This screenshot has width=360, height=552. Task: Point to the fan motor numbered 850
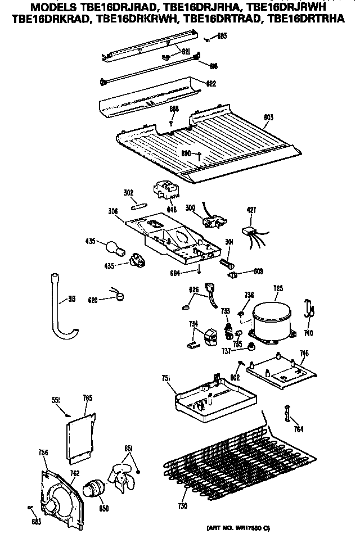[x=94, y=490]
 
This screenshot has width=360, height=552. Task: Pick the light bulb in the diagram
[x=111, y=246]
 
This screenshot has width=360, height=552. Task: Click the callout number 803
[x=268, y=117]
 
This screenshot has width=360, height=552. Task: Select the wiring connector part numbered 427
[x=250, y=231]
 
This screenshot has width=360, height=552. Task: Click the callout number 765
[x=87, y=398]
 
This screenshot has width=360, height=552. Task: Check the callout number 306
[x=113, y=211]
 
